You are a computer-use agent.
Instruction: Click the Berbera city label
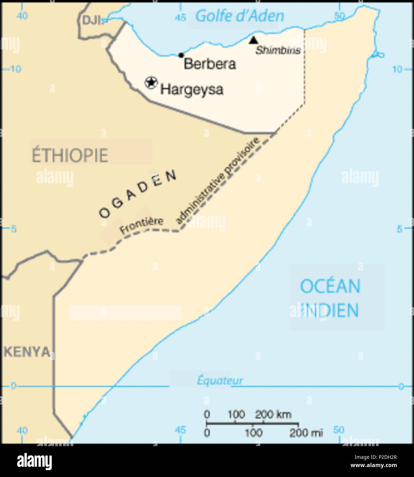point(210,64)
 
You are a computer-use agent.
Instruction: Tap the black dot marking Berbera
point(181,55)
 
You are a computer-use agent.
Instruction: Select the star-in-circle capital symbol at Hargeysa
point(151,82)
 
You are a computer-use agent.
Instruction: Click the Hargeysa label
point(192,90)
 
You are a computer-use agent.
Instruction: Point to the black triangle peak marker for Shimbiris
point(253,40)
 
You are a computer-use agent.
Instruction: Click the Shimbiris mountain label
point(278,50)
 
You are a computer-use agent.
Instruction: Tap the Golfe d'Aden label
point(240,16)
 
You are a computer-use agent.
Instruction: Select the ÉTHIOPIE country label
point(70,155)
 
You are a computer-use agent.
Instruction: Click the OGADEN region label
point(138,194)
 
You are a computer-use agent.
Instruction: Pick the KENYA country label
point(27,352)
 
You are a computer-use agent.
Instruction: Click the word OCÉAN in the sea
point(330,286)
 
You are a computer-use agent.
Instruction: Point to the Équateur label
point(220,380)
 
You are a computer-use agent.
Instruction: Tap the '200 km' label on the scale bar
point(273,415)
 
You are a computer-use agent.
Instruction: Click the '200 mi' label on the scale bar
point(306,433)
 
